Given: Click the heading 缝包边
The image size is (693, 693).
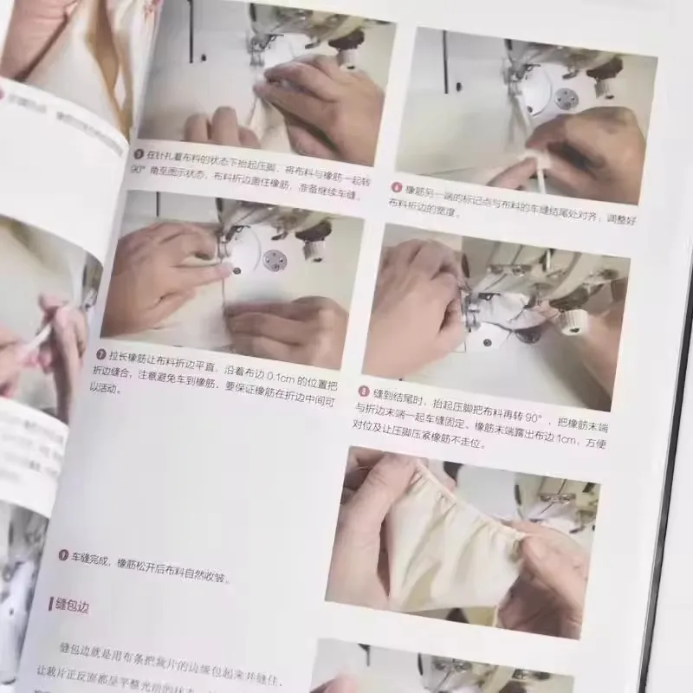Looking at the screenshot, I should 71,607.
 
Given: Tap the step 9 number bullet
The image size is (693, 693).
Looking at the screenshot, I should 63,554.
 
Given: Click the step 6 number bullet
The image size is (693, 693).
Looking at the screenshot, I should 397,186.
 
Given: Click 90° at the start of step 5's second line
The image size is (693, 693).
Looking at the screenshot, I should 137,170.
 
